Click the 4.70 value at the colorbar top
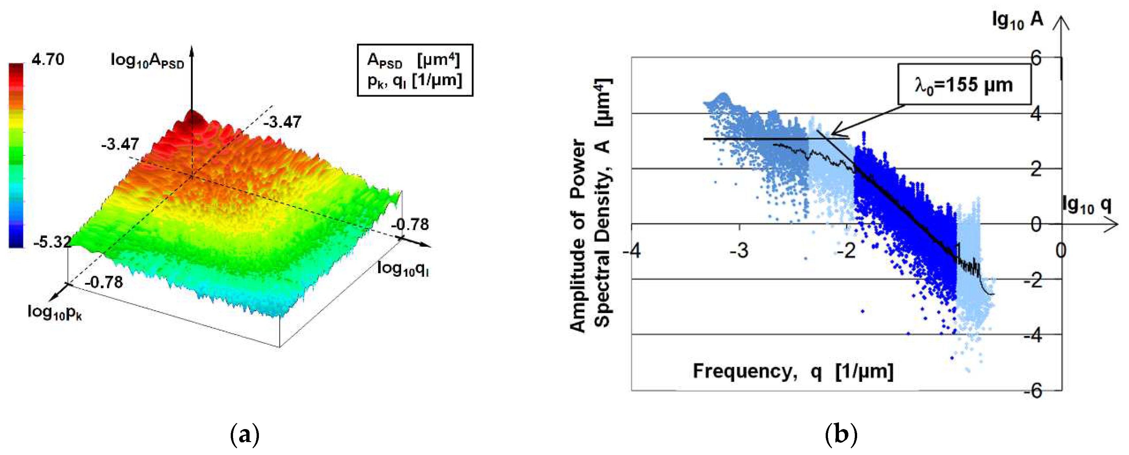(x=48, y=59)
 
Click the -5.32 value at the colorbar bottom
(x=52, y=241)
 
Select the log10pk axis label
(x=54, y=312)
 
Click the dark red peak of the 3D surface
(x=193, y=119)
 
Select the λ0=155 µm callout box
(x=964, y=85)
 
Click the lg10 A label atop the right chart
(x=1017, y=20)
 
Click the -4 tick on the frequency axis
(x=631, y=251)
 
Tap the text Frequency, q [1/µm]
(x=792, y=371)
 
